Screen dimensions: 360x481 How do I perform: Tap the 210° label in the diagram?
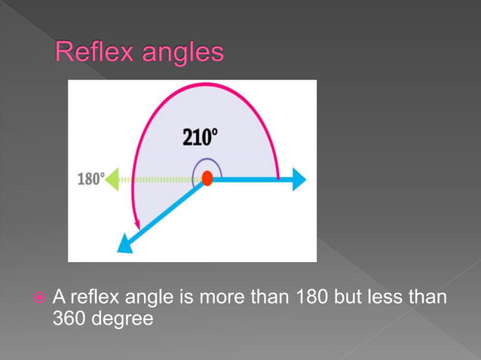pyautogui.click(x=199, y=138)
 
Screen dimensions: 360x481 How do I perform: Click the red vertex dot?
pyautogui.click(x=207, y=179)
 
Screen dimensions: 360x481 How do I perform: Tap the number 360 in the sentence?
pyautogui.click(x=71, y=319)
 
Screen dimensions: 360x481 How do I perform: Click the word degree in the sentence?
pyautogui.click(x=123, y=319)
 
